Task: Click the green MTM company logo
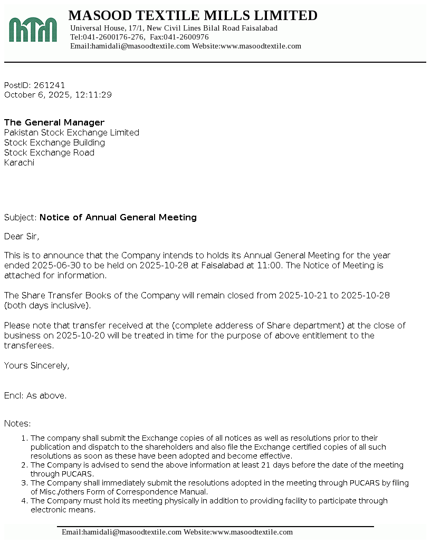(x=33, y=30)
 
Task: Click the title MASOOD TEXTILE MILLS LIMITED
(x=193, y=15)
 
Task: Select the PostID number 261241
(x=49, y=85)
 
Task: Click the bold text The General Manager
(x=54, y=122)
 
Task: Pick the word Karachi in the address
(x=19, y=162)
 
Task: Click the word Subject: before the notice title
(x=21, y=217)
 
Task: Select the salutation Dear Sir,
(x=22, y=236)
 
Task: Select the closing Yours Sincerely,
(x=36, y=365)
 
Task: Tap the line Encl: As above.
(x=35, y=395)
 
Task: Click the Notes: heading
(x=17, y=423)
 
